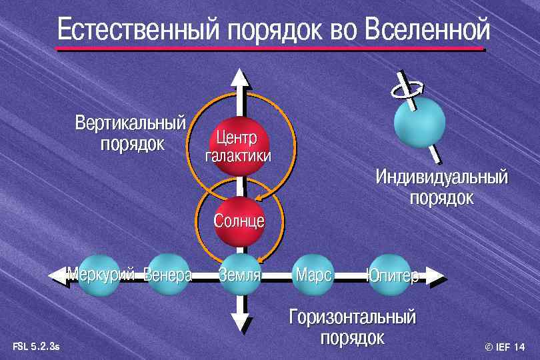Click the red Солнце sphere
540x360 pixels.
pos(239,220)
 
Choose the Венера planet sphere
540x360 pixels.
pos(167,273)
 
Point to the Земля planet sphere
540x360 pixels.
pos(239,273)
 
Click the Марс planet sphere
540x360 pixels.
pos(312,274)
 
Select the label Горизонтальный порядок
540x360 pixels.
pos(353,327)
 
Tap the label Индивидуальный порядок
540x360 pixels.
pos(441,187)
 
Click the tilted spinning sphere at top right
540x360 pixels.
pos(419,122)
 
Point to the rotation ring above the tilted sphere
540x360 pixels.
pos(406,87)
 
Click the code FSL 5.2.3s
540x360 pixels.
pos(36,347)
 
